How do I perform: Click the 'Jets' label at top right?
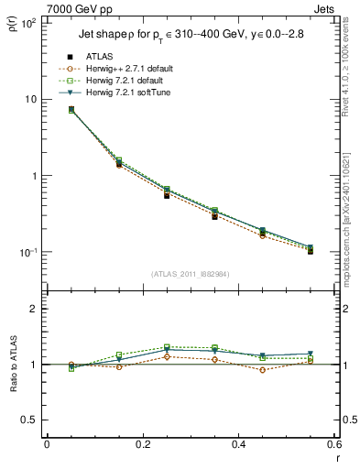[x=325, y=8]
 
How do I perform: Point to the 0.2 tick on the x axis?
[x=142, y=444]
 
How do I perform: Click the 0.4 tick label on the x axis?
[x=238, y=444]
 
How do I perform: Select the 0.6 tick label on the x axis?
[x=333, y=444]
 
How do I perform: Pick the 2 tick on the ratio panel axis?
[x=34, y=309]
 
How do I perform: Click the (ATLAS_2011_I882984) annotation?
[x=190, y=274]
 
